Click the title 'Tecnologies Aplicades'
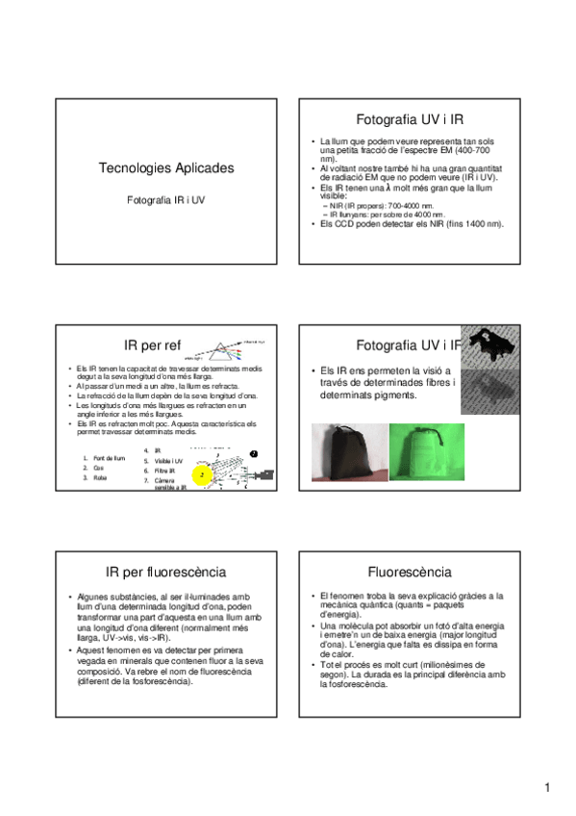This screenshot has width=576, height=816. coord(165,168)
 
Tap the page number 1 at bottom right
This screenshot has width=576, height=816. coord(546,789)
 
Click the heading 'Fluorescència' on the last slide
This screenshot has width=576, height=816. coord(409,572)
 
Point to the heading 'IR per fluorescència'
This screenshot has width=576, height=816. coord(165,572)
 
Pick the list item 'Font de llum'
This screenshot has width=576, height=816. coord(108,458)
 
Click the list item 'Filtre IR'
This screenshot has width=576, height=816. coord(165,471)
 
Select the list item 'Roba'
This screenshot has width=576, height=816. coord(100,477)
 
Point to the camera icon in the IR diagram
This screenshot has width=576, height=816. coord(264,475)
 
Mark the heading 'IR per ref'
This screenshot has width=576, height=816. coord(152,345)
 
